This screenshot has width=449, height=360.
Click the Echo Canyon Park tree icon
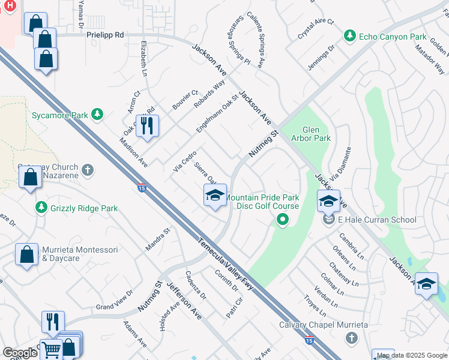coord(349,37)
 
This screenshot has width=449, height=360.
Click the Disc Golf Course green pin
coord(283,221)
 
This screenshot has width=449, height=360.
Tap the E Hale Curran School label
coord(377,220)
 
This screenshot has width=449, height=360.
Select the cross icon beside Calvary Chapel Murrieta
coord(352,338)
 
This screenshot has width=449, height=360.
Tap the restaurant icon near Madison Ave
coord(147,125)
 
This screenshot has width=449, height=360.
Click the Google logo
coord(20,353)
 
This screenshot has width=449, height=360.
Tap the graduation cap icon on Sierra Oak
coord(215,195)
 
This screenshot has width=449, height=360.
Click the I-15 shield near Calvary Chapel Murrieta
coord(309,340)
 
